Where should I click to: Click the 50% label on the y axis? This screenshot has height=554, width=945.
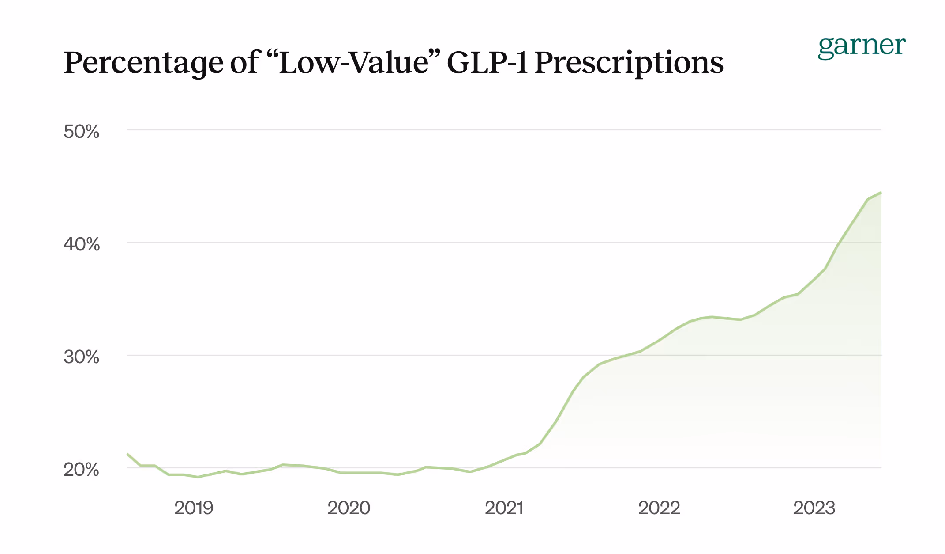pyautogui.click(x=81, y=132)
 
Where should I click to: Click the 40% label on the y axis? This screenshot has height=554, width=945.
pyautogui.click(x=81, y=244)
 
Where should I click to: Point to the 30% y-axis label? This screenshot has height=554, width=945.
pyautogui.click(x=81, y=357)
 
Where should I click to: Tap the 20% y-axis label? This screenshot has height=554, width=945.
pyautogui.click(x=81, y=469)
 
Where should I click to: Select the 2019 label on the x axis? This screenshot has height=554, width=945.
pyautogui.click(x=194, y=508)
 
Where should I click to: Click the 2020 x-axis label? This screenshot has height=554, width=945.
pyautogui.click(x=349, y=508)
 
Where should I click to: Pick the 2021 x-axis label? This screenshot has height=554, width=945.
pyautogui.click(x=504, y=508)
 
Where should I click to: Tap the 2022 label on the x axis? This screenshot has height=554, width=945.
pyautogui.click(x=659, y=508)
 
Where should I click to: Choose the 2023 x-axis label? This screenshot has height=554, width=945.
pyautogui.click(x=814, y=508)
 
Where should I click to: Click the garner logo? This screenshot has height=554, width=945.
pyautogui.click(x=861, y=46)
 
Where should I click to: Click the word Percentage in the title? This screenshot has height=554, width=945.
pyautogui.click(x=143, y=63)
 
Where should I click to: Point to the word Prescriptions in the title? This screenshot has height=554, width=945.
pyautogui.click(x=629, y=63)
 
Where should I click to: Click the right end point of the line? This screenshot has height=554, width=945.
pyautogui.click(x=881, y=193)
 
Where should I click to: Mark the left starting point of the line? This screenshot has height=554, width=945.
pyautogui.click(x=127, y=454)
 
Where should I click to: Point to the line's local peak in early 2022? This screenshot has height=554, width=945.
pyautogui.click(x=711, y=317)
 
